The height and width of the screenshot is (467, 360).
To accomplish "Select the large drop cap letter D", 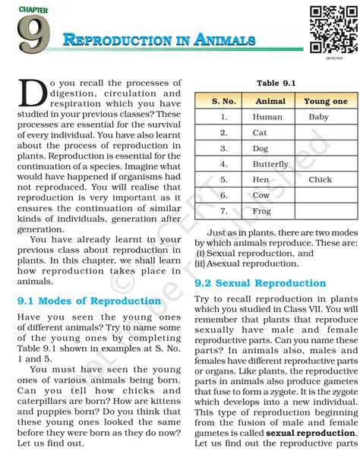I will coord(31,93).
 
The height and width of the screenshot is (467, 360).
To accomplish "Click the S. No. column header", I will coord(224,101).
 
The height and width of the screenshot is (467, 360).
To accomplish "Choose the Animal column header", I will coord(270,101).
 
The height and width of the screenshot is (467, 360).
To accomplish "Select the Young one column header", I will coord(325,101).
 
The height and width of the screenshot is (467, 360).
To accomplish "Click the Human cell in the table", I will coord(267,117).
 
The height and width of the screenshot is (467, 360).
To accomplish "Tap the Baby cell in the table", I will coord(319,117).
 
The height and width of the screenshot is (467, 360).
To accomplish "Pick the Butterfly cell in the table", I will coord(270,164).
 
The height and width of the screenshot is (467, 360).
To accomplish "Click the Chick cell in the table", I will coord(320,180).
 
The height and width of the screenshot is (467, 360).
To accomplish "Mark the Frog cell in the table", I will coord(261,211).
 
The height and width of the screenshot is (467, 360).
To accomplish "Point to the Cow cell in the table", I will coord(261,195).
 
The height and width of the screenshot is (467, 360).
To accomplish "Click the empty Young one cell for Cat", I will coord(326,133).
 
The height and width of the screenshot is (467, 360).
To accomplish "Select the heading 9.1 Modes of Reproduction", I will coord(89,301).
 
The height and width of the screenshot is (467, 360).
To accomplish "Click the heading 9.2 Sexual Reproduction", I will coord(260,283).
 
